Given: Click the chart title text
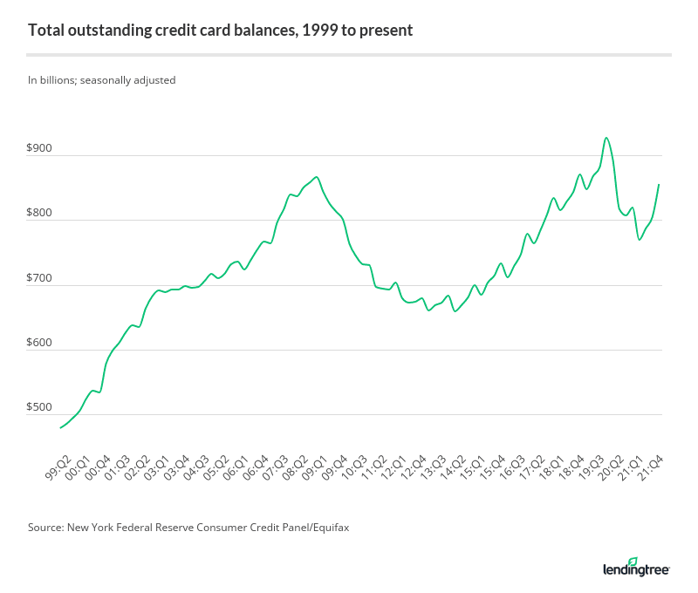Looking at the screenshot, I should click(x=220, y=31).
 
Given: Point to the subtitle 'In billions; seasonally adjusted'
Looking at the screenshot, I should click(x=102, y=80).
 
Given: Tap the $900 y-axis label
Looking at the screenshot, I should click(x=40, y=149).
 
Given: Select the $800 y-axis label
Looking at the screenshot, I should click(x=40, y=215).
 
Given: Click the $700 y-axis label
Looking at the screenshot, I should click(x=40, y=279).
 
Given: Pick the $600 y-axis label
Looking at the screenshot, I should click(x=40, y=344).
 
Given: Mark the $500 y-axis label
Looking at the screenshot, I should click(x=40, y=408).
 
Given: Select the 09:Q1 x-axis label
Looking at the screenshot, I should click(x=313, y=471).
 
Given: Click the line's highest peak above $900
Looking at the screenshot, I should click(x=606, y=138).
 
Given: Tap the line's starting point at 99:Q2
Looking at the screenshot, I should click(x=59, y=427).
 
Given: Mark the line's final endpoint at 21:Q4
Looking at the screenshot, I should click(x=659, y=184).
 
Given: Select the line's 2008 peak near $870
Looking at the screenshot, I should click(x=317, y=177).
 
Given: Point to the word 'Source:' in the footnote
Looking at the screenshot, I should click(x=47, y=528).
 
